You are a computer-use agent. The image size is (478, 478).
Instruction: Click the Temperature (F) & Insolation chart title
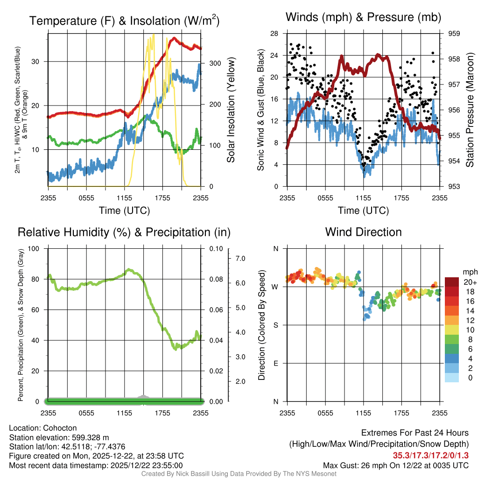[x=124, y=21]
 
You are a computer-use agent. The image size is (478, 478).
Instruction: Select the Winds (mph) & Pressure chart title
[x=363, y=17]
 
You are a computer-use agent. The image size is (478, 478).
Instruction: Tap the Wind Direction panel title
[x=363, y=232]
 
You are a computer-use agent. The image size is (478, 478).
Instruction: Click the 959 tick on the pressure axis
[x=454, y=34]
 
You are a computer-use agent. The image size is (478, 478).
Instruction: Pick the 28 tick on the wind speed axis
[x=274, y=34]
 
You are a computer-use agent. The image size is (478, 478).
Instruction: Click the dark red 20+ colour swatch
[x=452, y=282]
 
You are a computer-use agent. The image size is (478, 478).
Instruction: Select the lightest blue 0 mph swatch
[x=452, y=378]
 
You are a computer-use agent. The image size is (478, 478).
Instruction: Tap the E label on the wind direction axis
[x=275, y=363]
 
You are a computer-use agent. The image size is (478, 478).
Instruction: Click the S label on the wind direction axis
[x=275, y=325]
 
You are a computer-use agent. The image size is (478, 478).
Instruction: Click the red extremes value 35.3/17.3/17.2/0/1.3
[x=430, y=455]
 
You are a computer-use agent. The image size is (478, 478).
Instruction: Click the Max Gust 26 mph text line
[x=395, y=465]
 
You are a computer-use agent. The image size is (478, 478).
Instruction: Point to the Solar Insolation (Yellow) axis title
[x=231, y=110]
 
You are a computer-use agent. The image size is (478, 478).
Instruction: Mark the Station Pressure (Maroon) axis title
[x=470, y=110]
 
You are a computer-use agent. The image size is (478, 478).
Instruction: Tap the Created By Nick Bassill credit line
[x=239, y=474]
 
